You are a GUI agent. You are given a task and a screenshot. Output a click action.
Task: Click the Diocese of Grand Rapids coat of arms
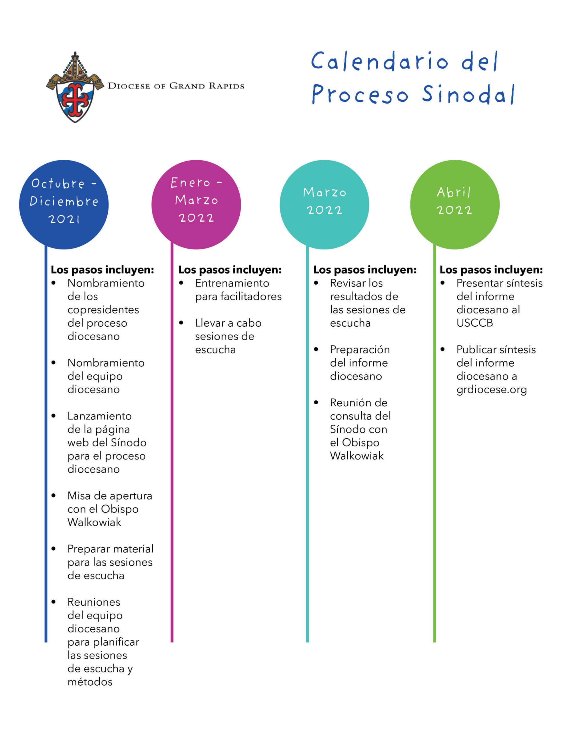point(75,88)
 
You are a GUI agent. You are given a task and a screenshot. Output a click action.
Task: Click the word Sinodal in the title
point(468,95)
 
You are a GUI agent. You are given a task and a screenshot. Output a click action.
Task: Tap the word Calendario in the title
point(379,62)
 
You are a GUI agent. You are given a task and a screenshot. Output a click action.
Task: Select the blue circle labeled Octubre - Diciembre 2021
point(64,204)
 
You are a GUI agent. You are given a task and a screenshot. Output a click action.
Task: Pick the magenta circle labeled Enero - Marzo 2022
point(196,204)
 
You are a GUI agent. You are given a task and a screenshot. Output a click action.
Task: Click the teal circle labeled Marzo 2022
point(324,204)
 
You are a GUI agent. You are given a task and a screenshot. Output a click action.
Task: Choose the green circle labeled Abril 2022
point(454,204)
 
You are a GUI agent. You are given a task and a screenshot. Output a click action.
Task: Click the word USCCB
point(474,323)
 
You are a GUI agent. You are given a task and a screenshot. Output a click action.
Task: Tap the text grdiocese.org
point(491,389)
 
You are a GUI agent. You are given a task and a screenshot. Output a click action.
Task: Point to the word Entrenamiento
point(232,283)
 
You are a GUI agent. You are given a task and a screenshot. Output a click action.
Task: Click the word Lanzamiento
point(99,416)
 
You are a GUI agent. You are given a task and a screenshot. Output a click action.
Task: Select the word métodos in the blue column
point(90,682)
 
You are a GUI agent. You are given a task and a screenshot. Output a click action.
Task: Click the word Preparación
point(360,350)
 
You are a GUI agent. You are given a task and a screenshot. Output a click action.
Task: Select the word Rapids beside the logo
point(227,86)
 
